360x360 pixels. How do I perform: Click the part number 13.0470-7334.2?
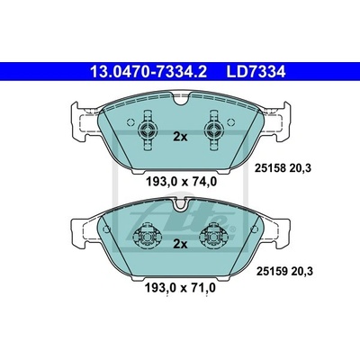(148, 72)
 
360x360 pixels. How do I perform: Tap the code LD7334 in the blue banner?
(256, 72)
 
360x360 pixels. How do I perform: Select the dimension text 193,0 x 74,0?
(181, 182)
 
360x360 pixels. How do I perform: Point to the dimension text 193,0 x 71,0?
(180, 288)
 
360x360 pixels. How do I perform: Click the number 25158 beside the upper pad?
(270, 168)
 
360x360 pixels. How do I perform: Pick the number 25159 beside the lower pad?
(271, 272)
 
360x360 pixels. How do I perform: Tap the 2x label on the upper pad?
(180, 137)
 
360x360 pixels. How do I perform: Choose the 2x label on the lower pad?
(180, 244)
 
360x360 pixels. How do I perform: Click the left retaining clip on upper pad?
(148, 130)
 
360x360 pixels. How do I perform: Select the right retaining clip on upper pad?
(214, 130)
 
